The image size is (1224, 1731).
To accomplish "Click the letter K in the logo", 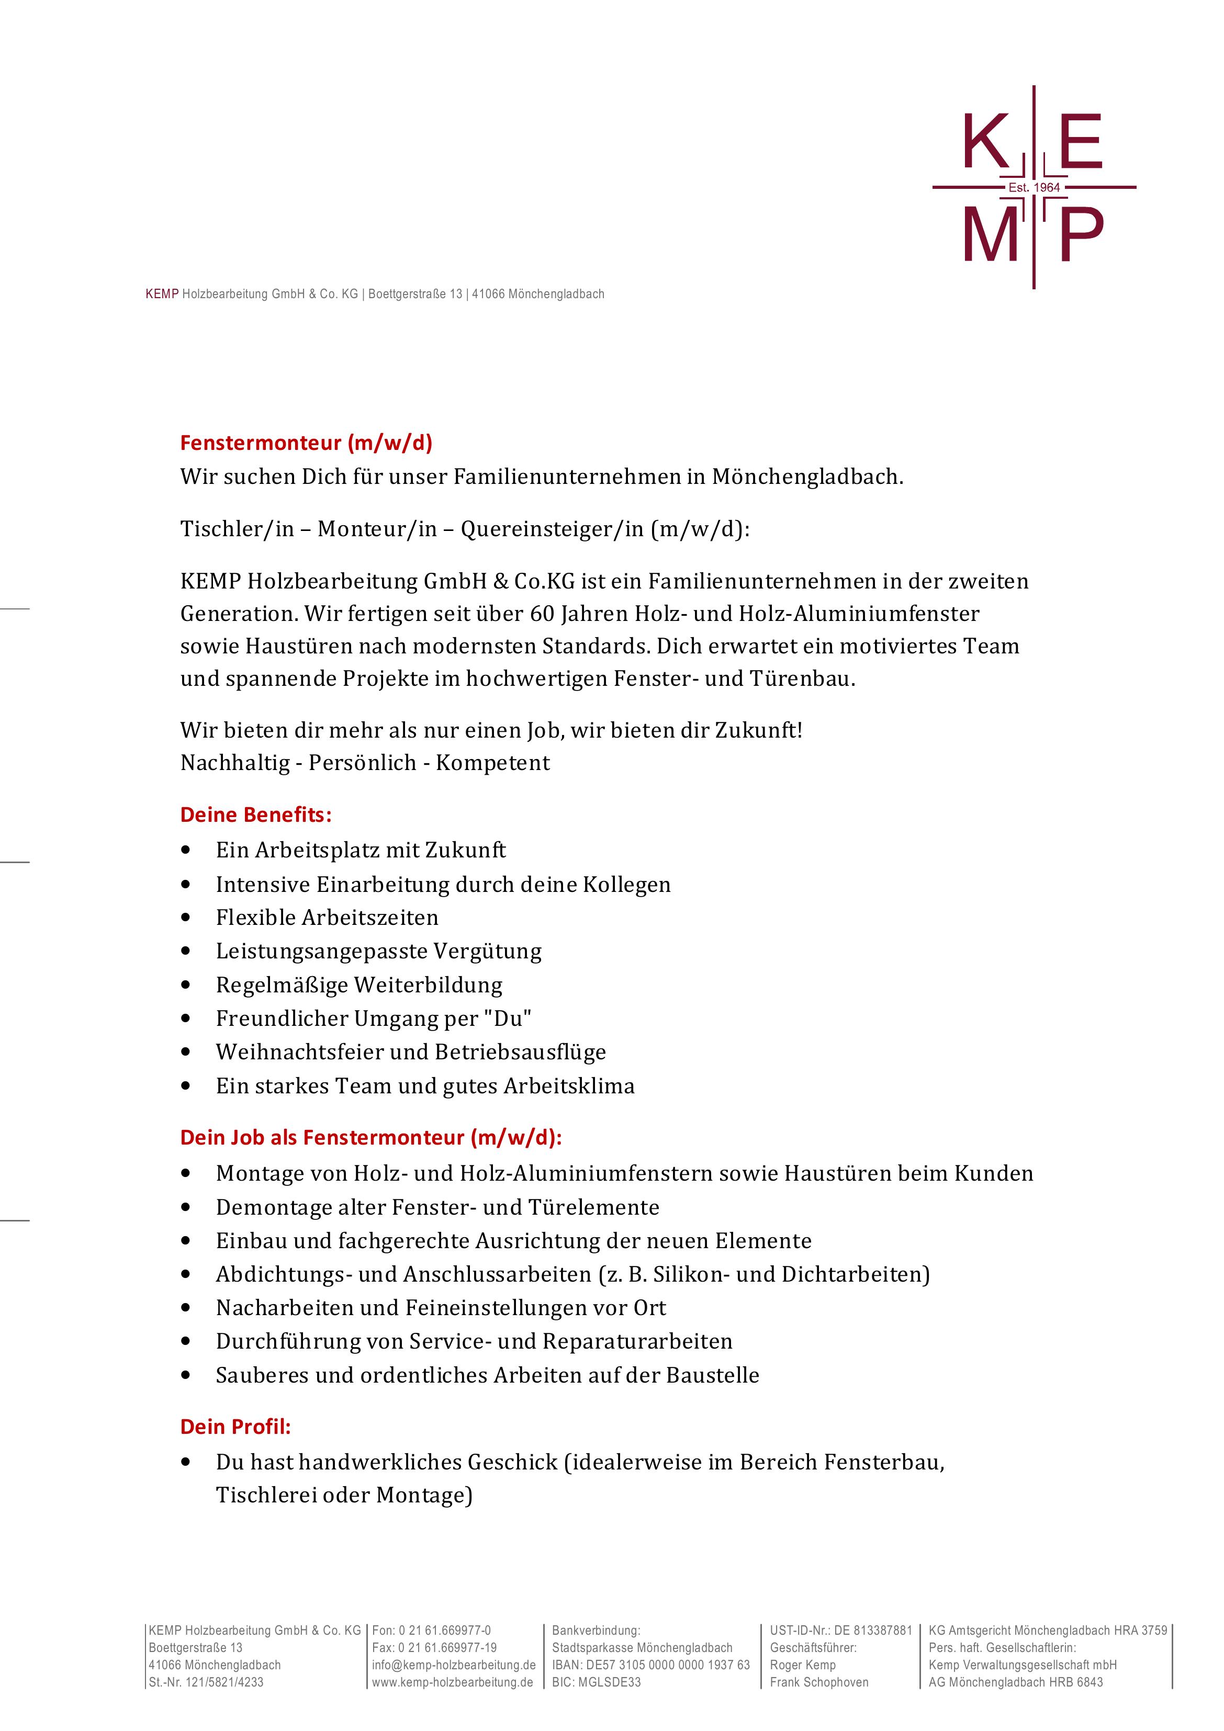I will [x=986, y=142].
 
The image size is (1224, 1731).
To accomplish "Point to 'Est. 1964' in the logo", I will [x=1034, y=187].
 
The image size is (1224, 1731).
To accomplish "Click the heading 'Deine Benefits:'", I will [x=256, y=815].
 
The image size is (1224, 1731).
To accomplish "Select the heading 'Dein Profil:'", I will [x=235, y=1427].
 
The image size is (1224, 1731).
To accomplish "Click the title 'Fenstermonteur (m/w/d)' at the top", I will [x=306, y=443].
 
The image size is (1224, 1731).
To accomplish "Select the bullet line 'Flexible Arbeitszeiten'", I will [x=327, y=918].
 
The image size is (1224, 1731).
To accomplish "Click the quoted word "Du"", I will [x=512, y=1019].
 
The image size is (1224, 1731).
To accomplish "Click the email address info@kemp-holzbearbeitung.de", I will [x=453, y=1665].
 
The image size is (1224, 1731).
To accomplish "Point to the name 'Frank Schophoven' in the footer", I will [x=819, y=1682].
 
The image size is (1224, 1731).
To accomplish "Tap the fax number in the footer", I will [x=434, y=1647].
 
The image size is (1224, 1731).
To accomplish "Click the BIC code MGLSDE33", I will [x=596, y=1682].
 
